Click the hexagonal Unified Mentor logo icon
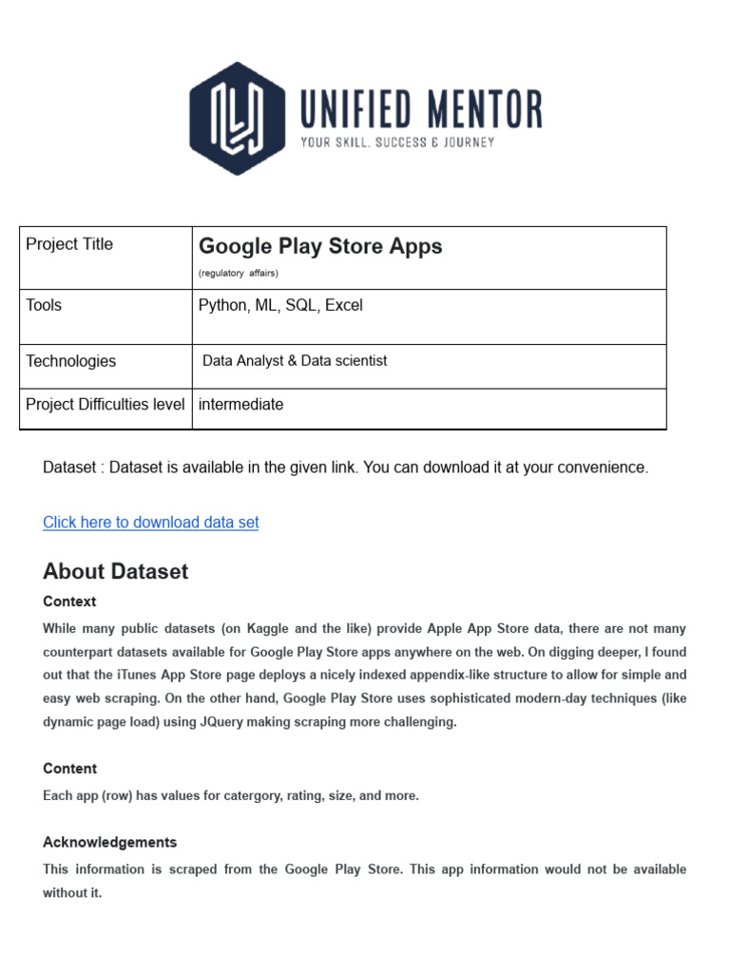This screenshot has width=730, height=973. pos(237,118)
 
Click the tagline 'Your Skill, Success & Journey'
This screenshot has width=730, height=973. pos(397,143)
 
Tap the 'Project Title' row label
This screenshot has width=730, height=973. pos(69,244)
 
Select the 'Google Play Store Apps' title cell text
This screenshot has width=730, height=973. pos(320,246)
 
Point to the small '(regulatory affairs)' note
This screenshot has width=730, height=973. pos(238,274)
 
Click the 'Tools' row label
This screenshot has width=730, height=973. pos(44,305)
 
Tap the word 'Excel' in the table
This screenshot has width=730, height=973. pos(343,305)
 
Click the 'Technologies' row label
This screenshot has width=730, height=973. pos(71,361)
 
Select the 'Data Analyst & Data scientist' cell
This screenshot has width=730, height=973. pos(295,361)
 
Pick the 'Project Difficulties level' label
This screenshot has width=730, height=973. pos(106,404)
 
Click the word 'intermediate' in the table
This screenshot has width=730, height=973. pos(240,404)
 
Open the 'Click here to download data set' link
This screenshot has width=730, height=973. pos(150,523)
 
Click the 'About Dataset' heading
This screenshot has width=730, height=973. pos(115,571)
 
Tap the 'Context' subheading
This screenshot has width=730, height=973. pos(69,601)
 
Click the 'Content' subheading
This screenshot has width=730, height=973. pos(69,769)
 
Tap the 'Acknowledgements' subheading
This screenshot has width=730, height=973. pos(109,843)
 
